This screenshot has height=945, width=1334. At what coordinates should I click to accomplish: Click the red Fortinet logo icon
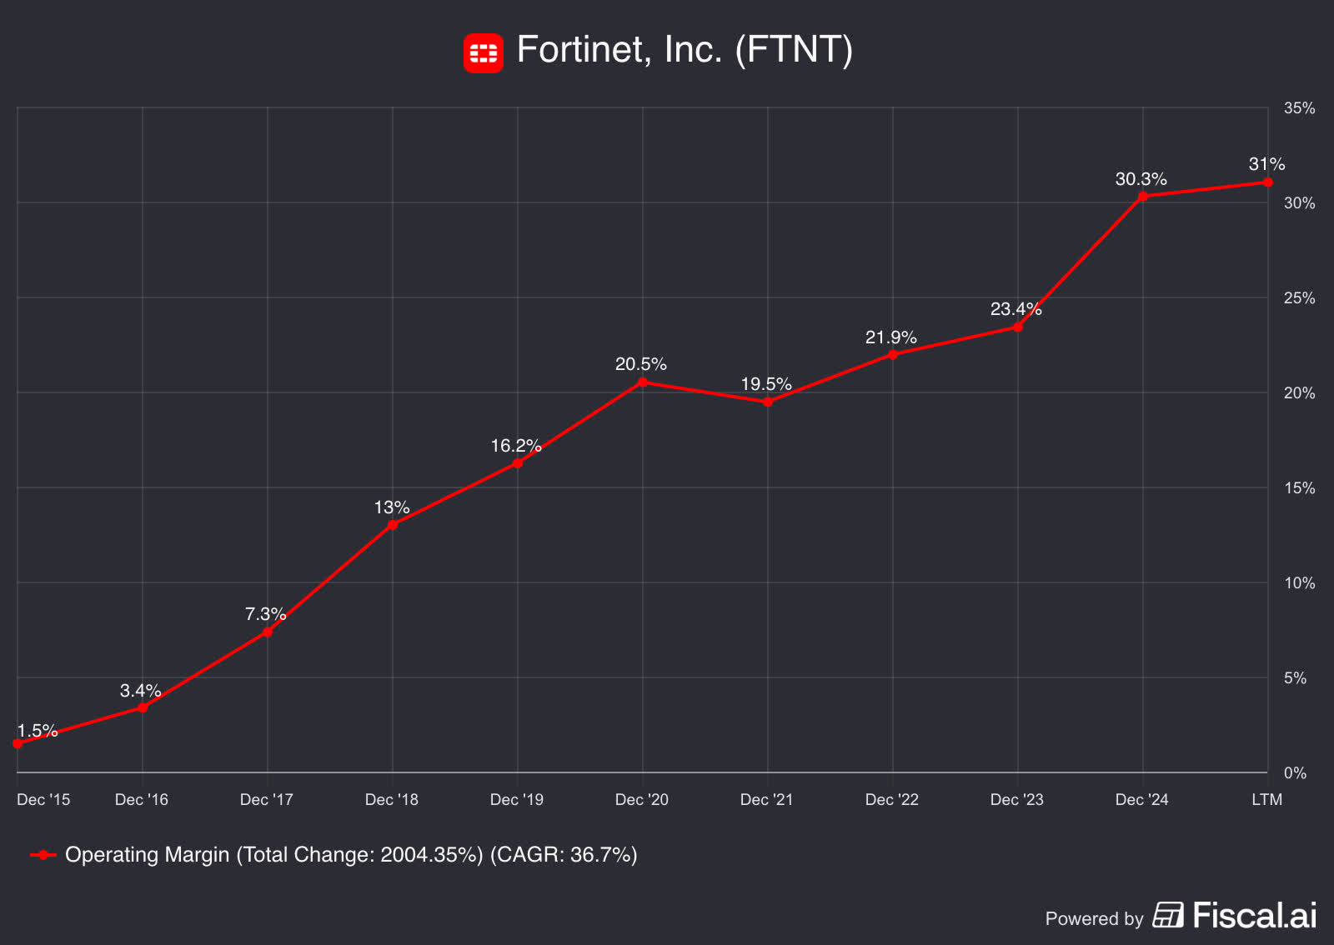(483, 53)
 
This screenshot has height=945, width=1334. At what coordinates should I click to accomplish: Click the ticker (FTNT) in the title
(794, 50)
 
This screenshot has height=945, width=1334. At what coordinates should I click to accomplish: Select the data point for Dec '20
(642, 382)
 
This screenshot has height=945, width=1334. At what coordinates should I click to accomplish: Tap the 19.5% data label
(765, 384)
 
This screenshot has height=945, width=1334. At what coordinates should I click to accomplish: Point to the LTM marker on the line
(1267, 182)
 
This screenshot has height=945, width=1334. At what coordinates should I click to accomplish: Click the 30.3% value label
(1141, 179)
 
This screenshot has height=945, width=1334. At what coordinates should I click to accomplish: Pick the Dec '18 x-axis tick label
(391, 800)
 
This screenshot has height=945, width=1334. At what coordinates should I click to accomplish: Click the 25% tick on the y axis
(1298, 298)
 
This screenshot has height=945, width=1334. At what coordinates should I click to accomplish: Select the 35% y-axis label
(1298, 108)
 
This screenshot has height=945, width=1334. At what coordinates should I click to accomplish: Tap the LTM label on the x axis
(1266, 800)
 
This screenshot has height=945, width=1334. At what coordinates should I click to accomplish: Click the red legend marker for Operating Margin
(43, 855)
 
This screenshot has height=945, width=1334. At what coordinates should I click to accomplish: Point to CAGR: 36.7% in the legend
(564, 855)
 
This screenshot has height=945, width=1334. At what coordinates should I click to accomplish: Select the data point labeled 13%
(392, 525)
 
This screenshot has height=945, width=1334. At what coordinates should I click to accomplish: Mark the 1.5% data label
(38, 731)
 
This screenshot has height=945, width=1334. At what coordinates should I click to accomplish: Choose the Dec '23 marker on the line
(1017, 327)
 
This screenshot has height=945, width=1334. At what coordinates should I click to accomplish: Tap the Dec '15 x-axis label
(43, 800)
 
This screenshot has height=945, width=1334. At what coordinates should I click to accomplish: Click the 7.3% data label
(265, 614)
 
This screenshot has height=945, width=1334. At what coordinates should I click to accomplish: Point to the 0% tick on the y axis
(1294, 773)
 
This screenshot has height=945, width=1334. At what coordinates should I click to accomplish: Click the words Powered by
(1093, 919)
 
